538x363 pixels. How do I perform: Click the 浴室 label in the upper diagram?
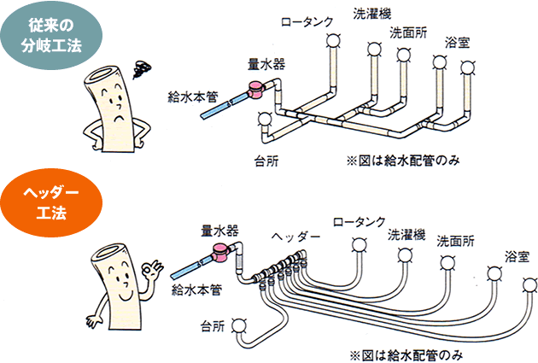pyautogui.click(x=459, y=42)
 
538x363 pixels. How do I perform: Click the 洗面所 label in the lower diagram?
pyautogui.click(x=457, y=240)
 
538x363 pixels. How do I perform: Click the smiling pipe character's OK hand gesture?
pyautogui.click(x=154, y=272)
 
